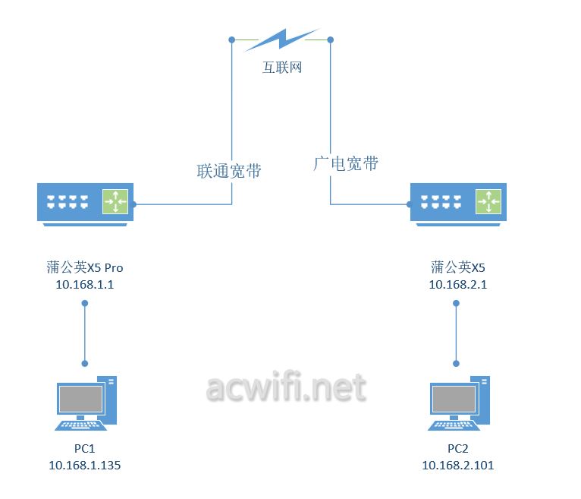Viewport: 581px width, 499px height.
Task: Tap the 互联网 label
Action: (x=282, y=68)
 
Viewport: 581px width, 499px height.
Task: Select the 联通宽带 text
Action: (x=229, y=171)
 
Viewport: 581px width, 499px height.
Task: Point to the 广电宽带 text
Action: (x=346, y=163)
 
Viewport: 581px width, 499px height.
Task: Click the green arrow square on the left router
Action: (x=115, y=201)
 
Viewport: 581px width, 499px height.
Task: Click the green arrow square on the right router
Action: (x=488, y=202)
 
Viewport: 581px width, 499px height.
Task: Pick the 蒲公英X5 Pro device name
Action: (x=85, y=267)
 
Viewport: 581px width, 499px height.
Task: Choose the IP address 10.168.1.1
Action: (x=85, y=285)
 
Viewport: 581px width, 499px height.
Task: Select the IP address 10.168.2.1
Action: (x=457, y=285)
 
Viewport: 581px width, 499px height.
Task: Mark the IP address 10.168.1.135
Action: (x=84, y=465)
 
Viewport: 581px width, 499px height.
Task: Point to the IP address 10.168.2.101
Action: (x=457, y=465)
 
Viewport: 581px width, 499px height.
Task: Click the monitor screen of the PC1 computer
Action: (x=81, y=399)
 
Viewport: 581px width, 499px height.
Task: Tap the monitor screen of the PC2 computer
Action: (x=454, y=399)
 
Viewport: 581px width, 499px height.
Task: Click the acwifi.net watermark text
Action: (x=285, y=388)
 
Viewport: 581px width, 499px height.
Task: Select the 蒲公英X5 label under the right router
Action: (x=457, y=267)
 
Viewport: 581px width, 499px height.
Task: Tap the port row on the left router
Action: (x=68, y=202)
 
